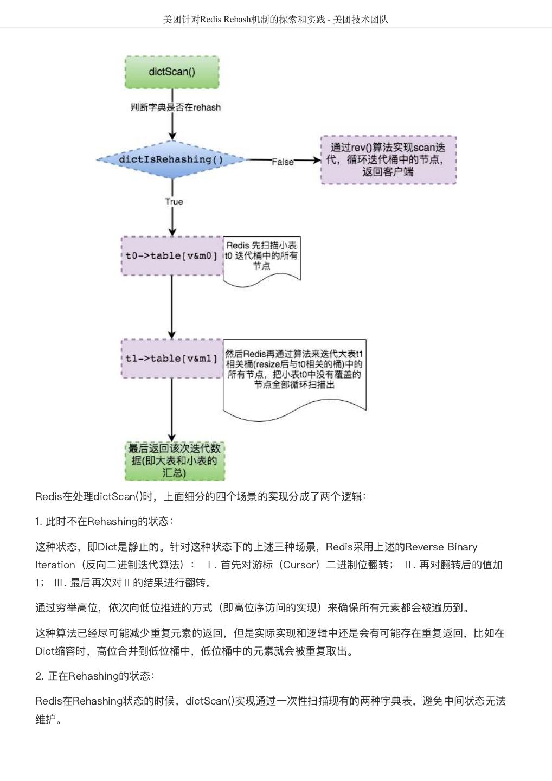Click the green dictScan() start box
[x=172, y=72]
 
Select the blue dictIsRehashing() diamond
[x=171, y=159]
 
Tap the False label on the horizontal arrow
[x=283, y=162]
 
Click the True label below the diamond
[x=174, y=202]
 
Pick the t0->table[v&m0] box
[x=171, y=256]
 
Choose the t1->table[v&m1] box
[x=171, y=359]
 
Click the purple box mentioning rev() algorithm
[x=388, y=160]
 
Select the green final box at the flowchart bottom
[x=175, y=460]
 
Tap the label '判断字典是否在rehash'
[x=175, y=107]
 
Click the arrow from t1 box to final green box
[x=172, y=409]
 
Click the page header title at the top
[x=275, y=20]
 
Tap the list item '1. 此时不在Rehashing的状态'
[x=104, y=522]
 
